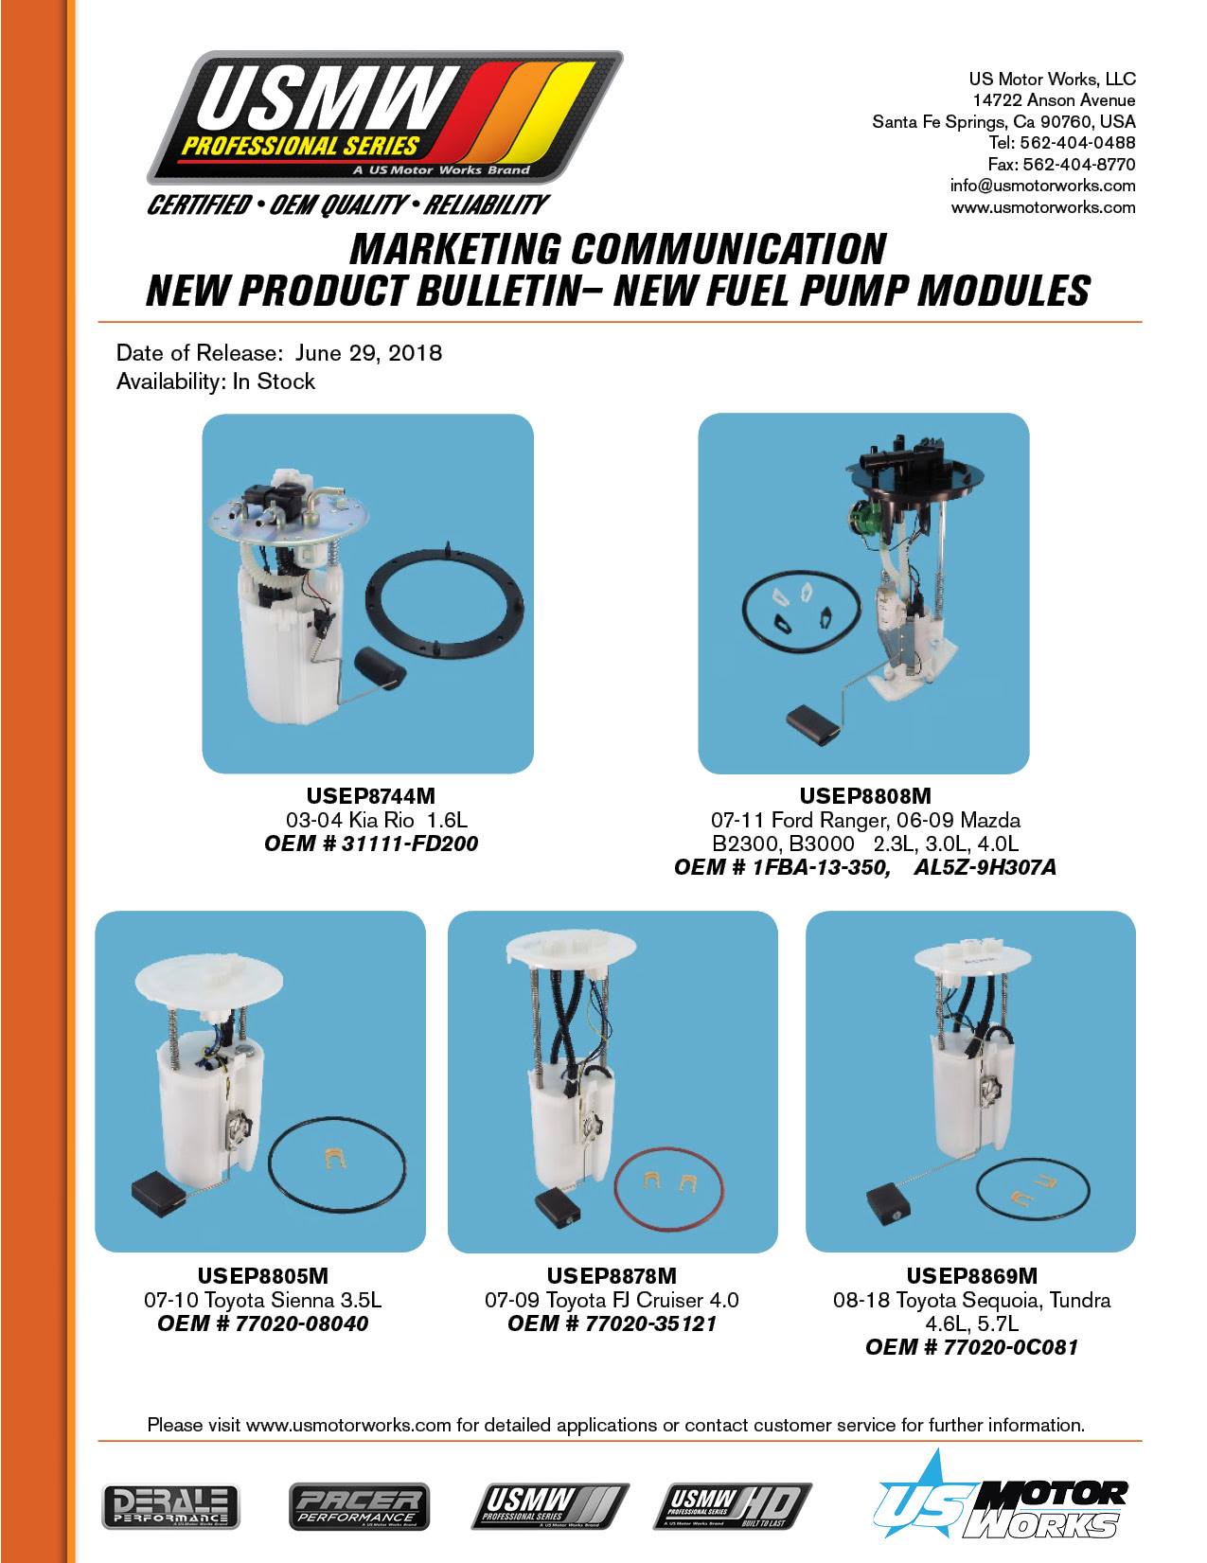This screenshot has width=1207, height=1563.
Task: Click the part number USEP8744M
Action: [x=370, y=795]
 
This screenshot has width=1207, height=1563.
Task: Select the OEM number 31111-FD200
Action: [x=409, y=843]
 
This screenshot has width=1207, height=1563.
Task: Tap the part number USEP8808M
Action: [x=865, y=795]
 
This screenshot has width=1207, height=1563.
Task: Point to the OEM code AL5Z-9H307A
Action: [x=985, y=867]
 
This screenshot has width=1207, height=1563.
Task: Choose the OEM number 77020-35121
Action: [x=651, y=1323]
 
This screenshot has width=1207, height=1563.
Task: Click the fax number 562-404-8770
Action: [x=1079, y=164]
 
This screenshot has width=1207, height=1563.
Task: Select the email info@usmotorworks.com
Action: [x=1042, y=186]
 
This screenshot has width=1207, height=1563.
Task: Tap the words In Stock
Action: [x=274, y=382]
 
